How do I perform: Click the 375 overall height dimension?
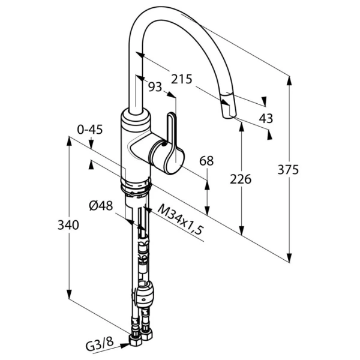288,170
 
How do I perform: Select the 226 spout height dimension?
241,179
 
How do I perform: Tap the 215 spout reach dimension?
182,79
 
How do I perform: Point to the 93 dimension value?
155,87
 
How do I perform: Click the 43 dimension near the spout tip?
266,118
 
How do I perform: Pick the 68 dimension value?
206,161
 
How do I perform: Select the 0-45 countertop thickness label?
90,130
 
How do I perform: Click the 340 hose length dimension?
68,225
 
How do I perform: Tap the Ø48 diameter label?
101,206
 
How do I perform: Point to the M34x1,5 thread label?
181,219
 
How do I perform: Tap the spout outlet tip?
229,115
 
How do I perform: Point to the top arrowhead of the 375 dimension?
290,81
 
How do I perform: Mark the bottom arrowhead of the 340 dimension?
69,294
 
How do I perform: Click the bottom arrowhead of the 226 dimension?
241,230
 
